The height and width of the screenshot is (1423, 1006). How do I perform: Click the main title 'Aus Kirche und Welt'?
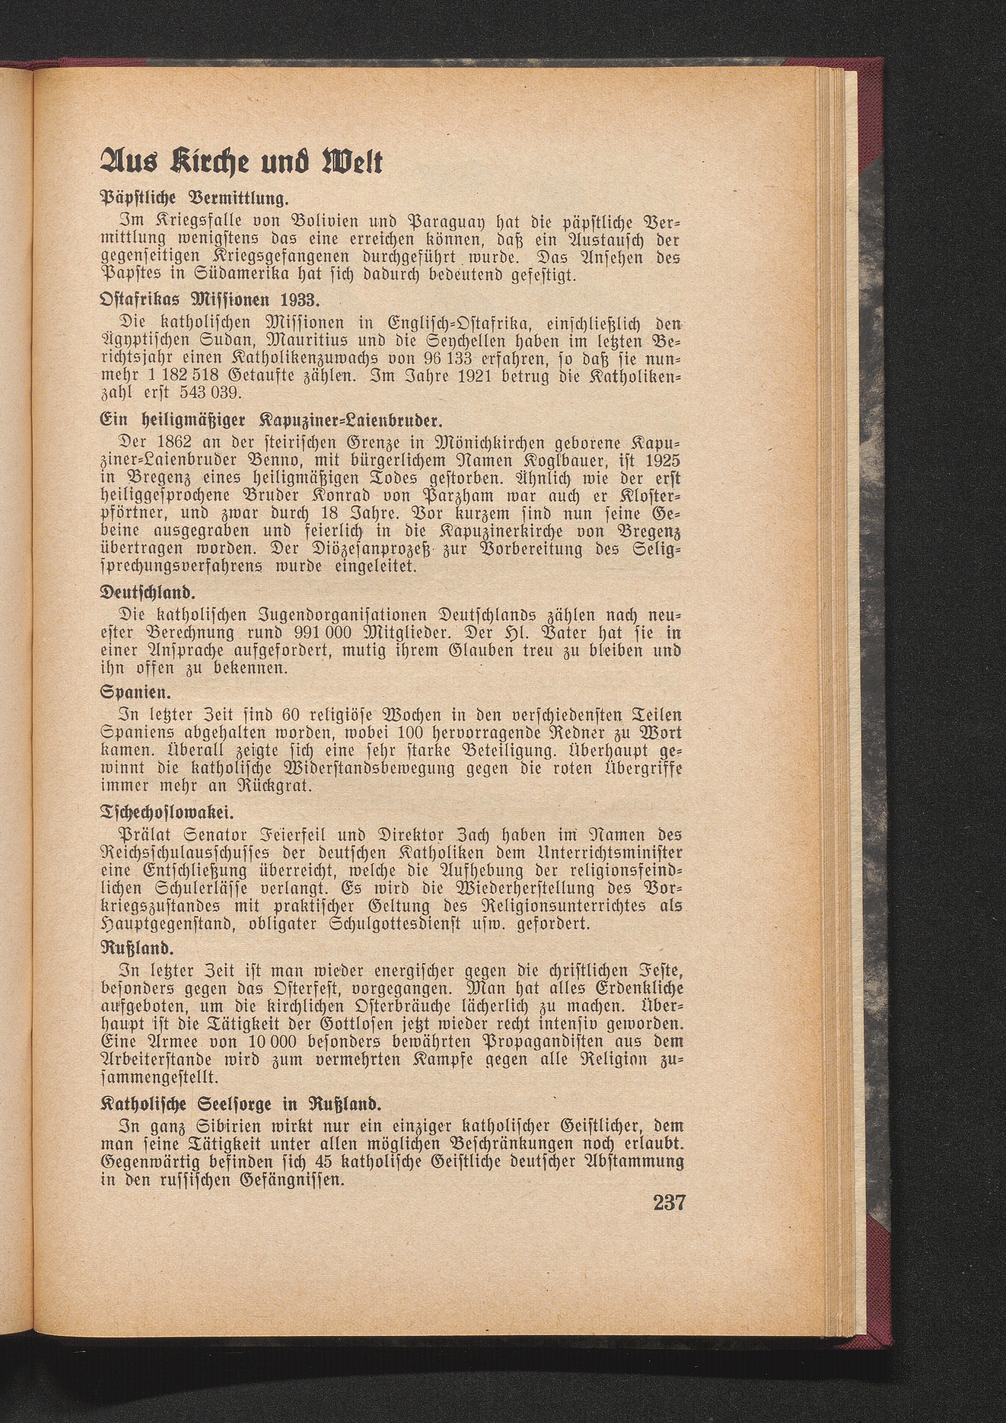(242, 162)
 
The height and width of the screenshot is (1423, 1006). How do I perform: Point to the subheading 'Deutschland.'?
(148, 594)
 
